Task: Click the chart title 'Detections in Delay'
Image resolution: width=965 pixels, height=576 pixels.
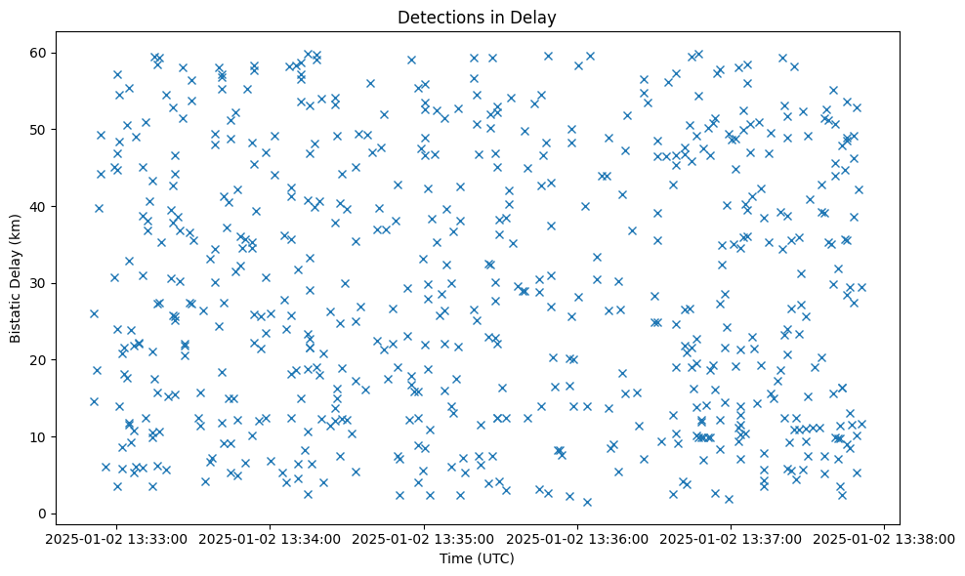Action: coord(477,17)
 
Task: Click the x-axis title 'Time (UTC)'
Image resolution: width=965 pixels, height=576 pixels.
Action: coord(477,558)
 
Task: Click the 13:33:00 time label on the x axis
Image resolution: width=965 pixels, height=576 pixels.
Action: coord(116,538)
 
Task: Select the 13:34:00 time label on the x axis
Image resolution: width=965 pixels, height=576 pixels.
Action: coord(270,538)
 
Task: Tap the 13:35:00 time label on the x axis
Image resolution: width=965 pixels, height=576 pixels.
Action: coord(423,538)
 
